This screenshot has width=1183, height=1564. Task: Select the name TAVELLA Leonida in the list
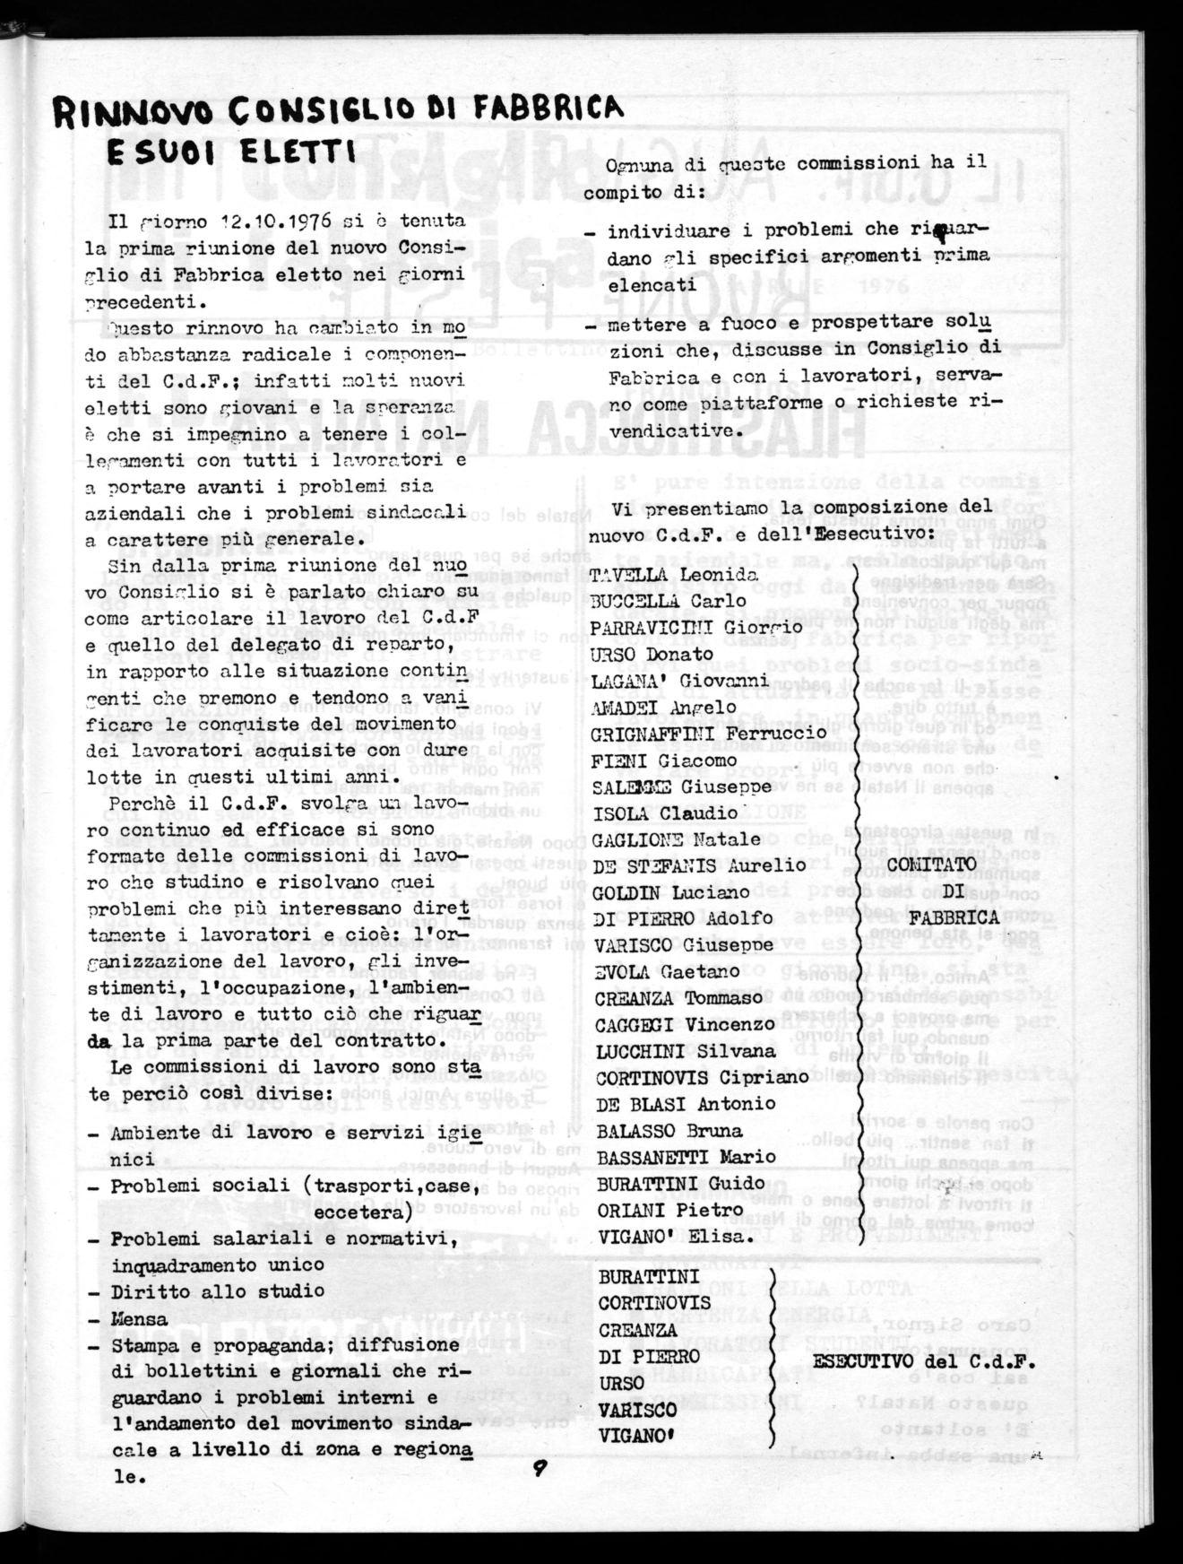673,575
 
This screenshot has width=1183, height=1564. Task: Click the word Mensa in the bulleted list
139,1319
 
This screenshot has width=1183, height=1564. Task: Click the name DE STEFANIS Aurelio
701,865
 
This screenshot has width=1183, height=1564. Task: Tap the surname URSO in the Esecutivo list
621,1384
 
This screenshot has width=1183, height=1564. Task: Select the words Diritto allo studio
218,1291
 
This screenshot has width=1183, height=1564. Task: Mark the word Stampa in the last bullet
145,1345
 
